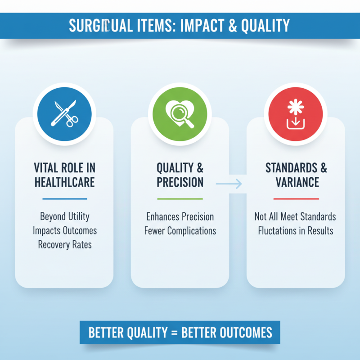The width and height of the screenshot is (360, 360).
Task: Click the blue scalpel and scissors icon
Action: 64,113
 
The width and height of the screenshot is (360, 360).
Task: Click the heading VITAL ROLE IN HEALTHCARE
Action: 64,175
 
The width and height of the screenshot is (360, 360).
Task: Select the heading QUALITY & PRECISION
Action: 180,175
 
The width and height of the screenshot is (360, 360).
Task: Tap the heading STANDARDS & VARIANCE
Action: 296,175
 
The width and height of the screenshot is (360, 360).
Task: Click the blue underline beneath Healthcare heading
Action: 64,198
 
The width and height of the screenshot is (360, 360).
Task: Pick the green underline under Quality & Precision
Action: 180,198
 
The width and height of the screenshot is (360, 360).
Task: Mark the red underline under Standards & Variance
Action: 296,198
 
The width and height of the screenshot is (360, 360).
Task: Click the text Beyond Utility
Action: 64,216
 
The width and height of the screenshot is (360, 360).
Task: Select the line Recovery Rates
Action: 64,245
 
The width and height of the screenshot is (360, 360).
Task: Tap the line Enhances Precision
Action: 180,216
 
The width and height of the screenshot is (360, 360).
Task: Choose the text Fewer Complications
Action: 180,231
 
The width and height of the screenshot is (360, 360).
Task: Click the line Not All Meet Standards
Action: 295,216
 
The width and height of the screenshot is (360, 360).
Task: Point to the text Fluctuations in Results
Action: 295,231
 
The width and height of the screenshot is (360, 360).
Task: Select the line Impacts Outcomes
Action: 64,231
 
